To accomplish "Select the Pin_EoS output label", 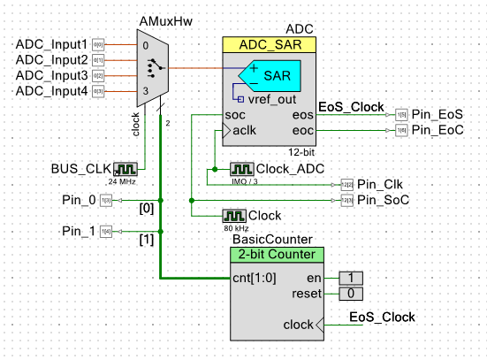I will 438,114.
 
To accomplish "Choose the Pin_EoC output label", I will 438,130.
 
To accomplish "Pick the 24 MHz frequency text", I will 124,180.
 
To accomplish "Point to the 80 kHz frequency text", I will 234,227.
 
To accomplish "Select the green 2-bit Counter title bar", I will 277,255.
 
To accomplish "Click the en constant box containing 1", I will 351,277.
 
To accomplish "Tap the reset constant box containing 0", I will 351,293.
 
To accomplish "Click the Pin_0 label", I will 80,200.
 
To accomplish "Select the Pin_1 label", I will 80,231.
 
